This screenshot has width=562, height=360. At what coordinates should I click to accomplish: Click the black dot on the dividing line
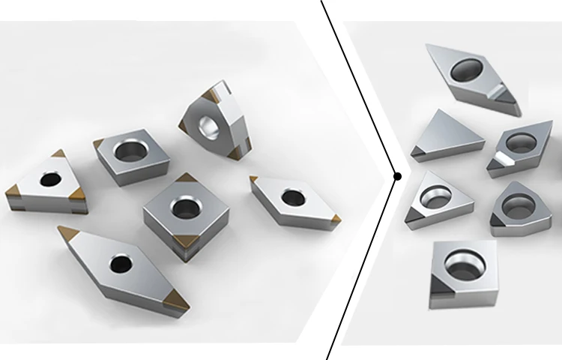point(397,177)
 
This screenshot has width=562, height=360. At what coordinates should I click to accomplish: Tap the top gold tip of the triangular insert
point(58,154)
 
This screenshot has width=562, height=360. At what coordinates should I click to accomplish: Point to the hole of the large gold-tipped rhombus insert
point(118,263)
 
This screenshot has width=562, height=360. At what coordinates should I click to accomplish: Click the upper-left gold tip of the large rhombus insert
point(67,232)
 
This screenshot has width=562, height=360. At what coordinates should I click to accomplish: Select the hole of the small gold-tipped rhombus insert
point(292,198)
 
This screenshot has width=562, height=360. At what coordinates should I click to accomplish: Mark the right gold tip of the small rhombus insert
point(335,218)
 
